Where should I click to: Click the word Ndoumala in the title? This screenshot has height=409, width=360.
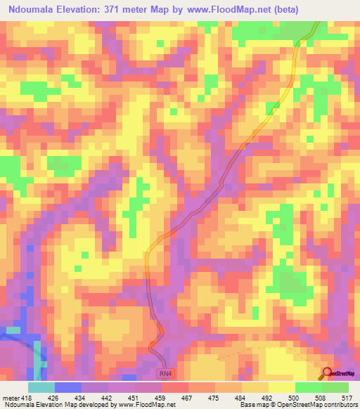click(x=34, y=10)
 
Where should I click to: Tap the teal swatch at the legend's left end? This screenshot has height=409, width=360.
click(x=41, y=387)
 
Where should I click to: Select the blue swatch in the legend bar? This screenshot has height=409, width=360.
click(x=67, y=387)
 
